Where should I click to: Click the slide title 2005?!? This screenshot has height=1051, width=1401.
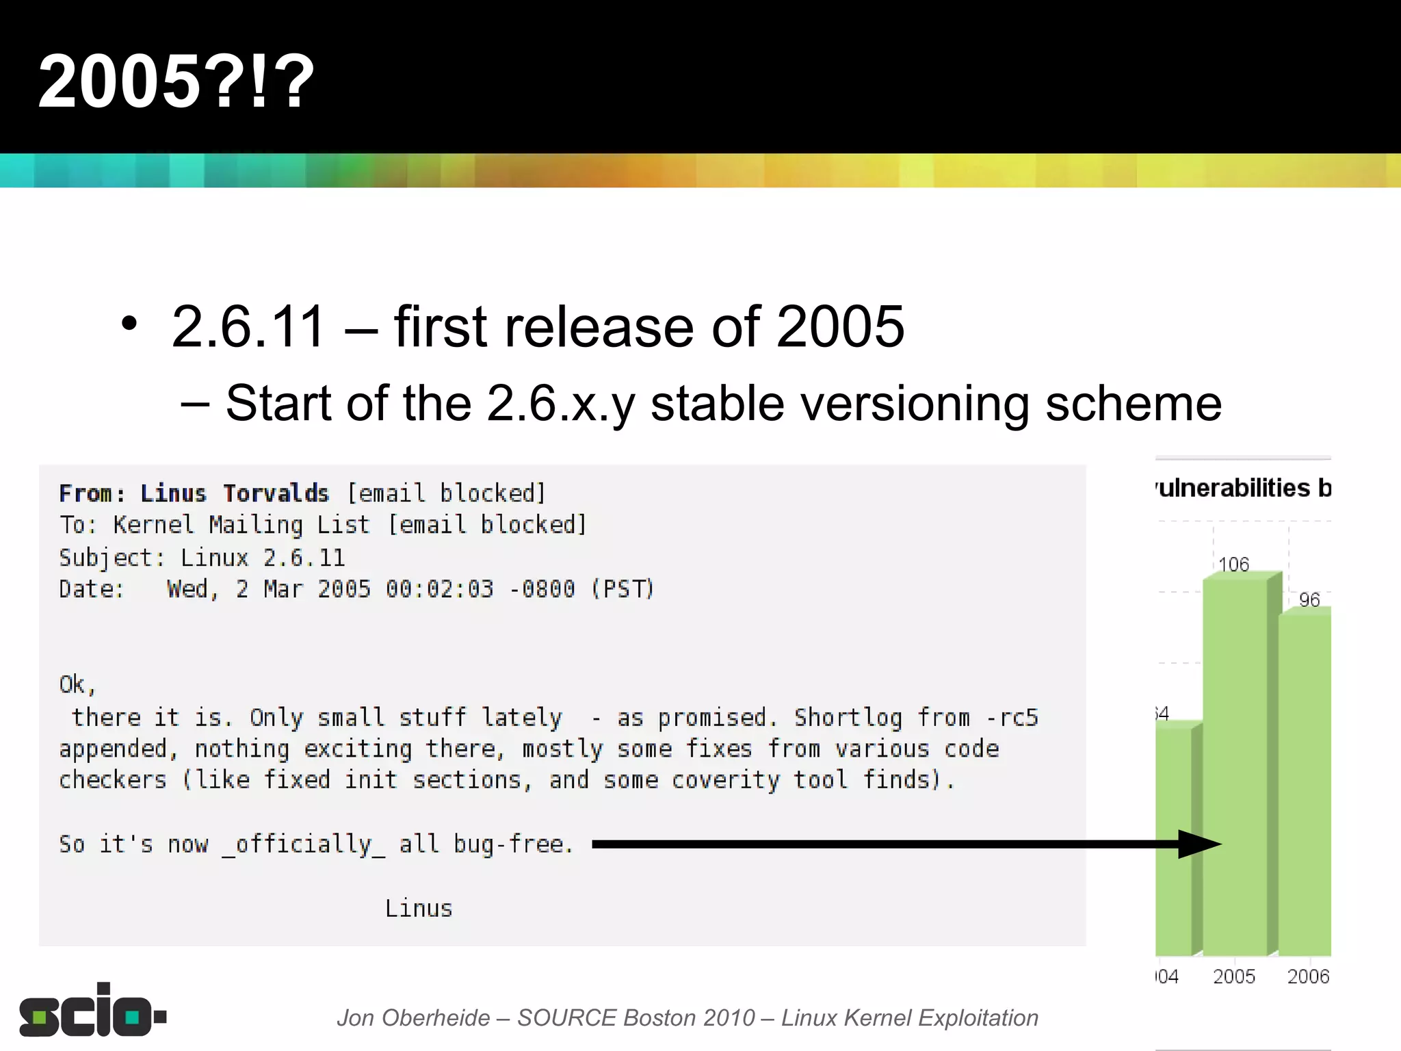[x=176, y=82]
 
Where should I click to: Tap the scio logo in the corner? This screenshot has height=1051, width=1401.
[x=92, y=1011]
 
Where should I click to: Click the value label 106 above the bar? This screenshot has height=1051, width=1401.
[x=1233, y=565]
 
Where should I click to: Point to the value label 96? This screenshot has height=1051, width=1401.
[x=1309, y=600]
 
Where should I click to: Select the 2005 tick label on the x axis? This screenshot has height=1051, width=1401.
[x=1233, y=976]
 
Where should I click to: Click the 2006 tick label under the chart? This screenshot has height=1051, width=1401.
[x=1308, y=976]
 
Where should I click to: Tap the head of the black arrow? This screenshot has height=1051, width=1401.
[x=1201, y=844]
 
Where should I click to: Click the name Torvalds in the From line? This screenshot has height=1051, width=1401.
[x=276, y=493]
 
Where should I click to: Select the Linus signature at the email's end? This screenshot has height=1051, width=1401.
[x=419, y=909]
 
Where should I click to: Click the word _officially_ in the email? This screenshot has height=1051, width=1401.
[x=304, y=844]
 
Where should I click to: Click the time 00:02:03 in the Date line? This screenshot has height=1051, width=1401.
[x=439, y=589]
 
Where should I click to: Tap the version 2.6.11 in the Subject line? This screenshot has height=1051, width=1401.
[x=304, y=558]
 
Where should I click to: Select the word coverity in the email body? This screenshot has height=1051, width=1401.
[x=725, y=780]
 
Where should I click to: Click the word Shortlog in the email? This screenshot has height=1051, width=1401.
[x=848, y=717]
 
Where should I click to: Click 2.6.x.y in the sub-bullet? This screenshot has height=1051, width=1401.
[x=561, y=404]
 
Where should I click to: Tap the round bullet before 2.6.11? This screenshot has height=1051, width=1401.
[x=129, y=324]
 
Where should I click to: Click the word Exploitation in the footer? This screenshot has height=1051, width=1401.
[x=978, y=1018]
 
